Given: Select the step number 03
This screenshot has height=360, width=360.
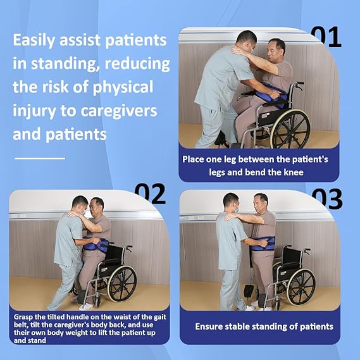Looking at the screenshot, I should (x=326, y=198).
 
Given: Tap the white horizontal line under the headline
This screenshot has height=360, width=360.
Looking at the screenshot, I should (x=39, y=158).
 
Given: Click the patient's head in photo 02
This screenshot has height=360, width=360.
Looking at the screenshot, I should (x=96, y=206).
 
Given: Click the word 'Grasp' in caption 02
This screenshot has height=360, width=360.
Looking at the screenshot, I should (x=24, y=313).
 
